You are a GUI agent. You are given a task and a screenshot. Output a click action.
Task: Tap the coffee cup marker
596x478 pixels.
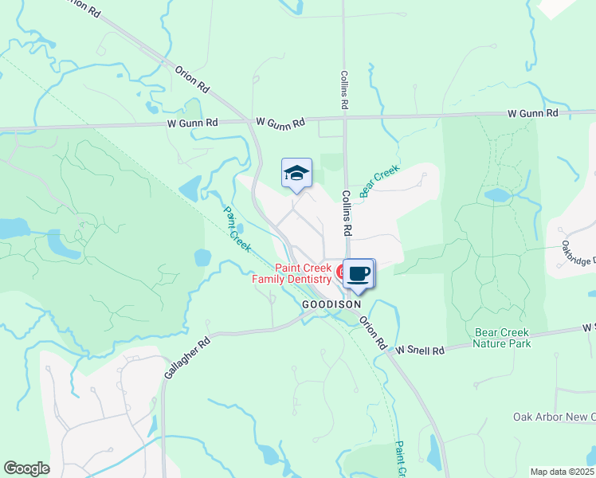pos(359,273)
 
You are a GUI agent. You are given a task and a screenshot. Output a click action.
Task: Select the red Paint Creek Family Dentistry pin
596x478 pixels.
pos(341,273)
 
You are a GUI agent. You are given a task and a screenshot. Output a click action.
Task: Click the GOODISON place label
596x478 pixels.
pos(331,304)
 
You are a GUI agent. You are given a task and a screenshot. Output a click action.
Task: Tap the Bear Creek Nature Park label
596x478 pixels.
pos(502,338)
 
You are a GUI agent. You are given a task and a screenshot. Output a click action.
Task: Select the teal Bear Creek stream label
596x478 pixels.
pos(378,182)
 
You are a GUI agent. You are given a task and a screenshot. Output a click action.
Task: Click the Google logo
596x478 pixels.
pos(26,468)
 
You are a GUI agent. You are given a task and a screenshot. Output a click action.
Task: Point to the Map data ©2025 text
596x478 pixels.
pos(563,472)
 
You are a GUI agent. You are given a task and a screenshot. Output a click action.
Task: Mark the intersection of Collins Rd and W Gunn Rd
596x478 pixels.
pos(345,119)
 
